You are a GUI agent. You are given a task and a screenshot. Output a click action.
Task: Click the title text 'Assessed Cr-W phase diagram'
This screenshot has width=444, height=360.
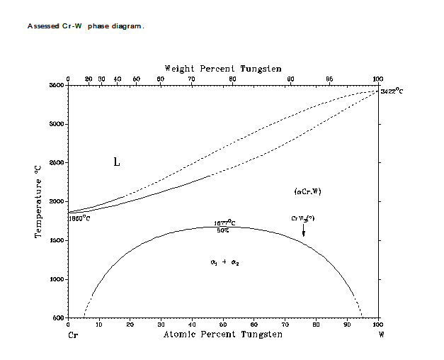coord(86,26)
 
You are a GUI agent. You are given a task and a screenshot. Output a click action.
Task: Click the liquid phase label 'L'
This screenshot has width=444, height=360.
coord(117,162)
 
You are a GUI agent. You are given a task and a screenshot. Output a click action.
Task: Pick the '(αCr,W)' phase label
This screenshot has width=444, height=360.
coord(307,191)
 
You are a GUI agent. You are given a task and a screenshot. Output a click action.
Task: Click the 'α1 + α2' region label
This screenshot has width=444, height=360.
coord(225,262)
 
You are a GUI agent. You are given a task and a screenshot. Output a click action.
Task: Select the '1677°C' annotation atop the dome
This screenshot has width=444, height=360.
coord(224,223)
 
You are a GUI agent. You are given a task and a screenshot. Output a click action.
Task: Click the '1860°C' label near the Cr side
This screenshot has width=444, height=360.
coord(79,218)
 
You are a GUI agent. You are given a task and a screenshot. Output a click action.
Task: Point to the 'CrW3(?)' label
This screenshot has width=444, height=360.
coord(302,218)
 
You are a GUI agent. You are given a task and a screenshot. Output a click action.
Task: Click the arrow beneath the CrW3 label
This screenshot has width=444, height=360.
coord(304,231)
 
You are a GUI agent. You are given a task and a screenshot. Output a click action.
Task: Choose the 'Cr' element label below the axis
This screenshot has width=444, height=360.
coord(72,334)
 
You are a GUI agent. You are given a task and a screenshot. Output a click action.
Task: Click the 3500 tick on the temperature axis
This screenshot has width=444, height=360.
coord(56,85)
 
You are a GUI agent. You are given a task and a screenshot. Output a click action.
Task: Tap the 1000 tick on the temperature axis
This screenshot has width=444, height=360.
coord(56,279)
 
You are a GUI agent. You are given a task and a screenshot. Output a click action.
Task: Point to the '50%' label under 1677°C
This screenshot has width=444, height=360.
coord(222,230)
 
